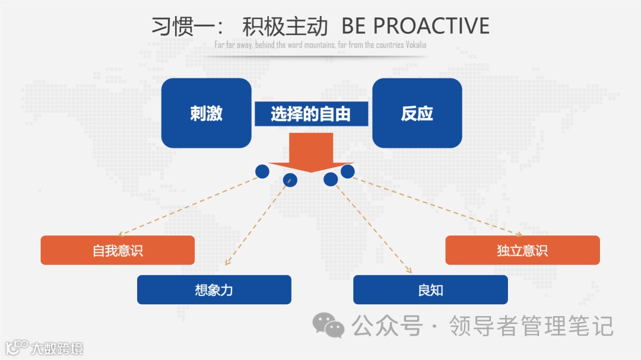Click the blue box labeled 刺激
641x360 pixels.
[206, 113]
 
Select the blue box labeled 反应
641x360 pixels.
[417, 113]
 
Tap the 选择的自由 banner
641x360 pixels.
[311, 114]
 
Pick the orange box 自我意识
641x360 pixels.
[118, 250]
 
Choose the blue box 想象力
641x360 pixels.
[214, 290]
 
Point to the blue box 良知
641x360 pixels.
[430, 290]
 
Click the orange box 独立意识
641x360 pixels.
[522, 250]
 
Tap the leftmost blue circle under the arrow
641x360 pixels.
[262, 171]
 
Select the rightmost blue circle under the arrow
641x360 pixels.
[347, 171]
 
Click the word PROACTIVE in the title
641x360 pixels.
[431, 26]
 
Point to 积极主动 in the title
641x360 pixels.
[285, 27]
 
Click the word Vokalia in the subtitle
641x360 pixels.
[416, 45]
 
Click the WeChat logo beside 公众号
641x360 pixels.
[328, 325]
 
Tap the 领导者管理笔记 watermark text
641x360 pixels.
[531, 326]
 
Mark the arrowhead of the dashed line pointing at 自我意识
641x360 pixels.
[120, 235]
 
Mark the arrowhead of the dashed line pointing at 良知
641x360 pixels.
[410, 272]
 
